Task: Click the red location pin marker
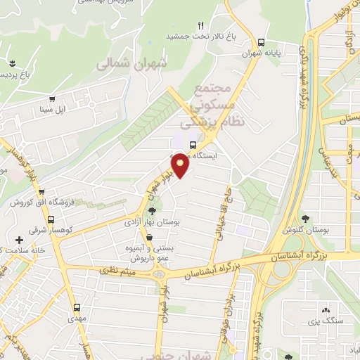181,166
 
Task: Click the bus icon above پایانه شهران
262,41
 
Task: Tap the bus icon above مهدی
77,307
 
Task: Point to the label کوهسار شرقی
27,229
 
